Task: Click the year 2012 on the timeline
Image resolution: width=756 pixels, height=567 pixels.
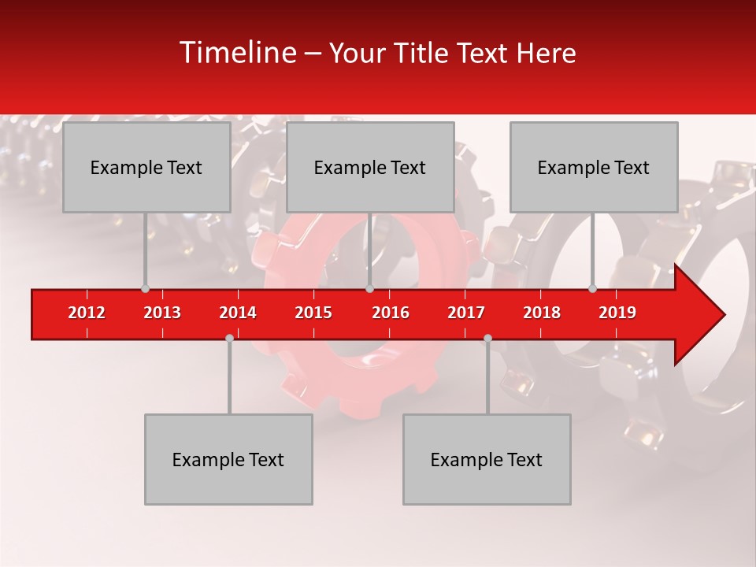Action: tap(87, 313)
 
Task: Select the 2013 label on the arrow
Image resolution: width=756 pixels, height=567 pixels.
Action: tap(162, 313)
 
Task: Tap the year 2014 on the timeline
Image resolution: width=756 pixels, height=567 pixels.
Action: tap(238, 313)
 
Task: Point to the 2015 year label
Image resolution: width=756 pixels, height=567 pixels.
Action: tap(313, 313)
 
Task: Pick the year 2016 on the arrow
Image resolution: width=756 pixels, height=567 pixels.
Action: tap(391, 313)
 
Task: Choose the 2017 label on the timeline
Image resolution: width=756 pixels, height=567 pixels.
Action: tap(466, 313)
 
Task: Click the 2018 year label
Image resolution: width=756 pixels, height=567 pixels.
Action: tap(542, 313)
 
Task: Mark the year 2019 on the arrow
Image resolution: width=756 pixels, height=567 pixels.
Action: tap(617, 313)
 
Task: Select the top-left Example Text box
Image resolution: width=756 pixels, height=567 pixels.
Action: tap(146, 168)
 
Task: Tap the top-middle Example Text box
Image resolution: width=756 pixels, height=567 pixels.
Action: tap(370, 168)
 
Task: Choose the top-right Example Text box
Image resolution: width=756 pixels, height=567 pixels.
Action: tap(594, 168)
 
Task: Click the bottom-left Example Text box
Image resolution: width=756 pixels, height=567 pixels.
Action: tap(228, 460)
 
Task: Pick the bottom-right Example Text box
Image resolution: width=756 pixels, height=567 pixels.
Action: tap(487, 460)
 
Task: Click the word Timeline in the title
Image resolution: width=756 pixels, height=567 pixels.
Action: tap(237, 53)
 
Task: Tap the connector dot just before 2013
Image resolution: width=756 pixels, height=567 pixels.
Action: tap(145, 289)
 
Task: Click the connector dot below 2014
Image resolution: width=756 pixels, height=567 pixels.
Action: tap(229, 338)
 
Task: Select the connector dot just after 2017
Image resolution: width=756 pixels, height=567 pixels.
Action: tap(487, 338)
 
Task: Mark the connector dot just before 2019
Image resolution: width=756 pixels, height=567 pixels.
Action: tap(593, 289)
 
